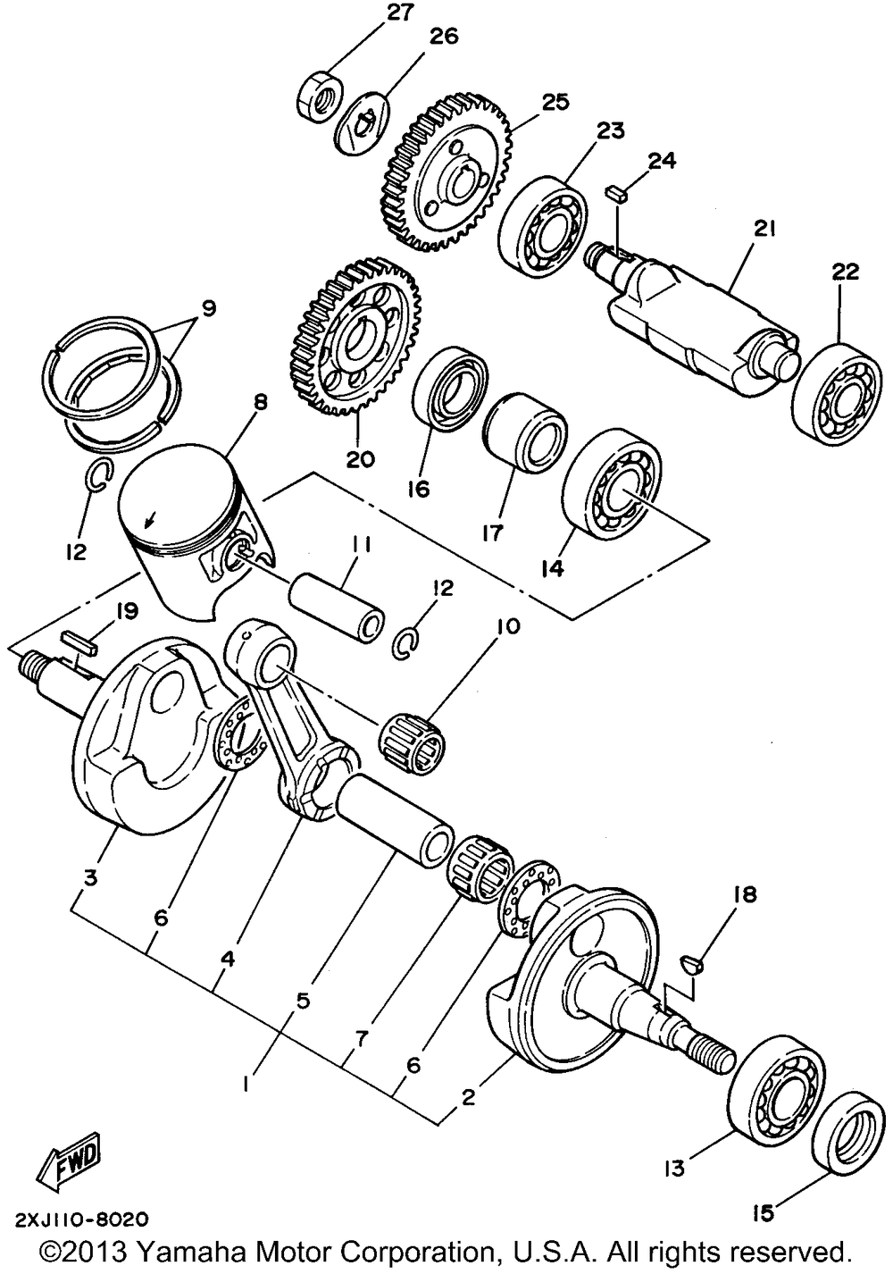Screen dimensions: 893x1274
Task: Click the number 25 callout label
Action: click(x=555, y=103)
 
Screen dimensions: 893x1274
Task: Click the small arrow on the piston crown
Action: click(x=150, y=518)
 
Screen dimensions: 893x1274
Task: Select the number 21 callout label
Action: click(x=764, y=229)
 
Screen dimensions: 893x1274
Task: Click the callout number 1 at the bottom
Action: click(x=246, y=1085)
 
